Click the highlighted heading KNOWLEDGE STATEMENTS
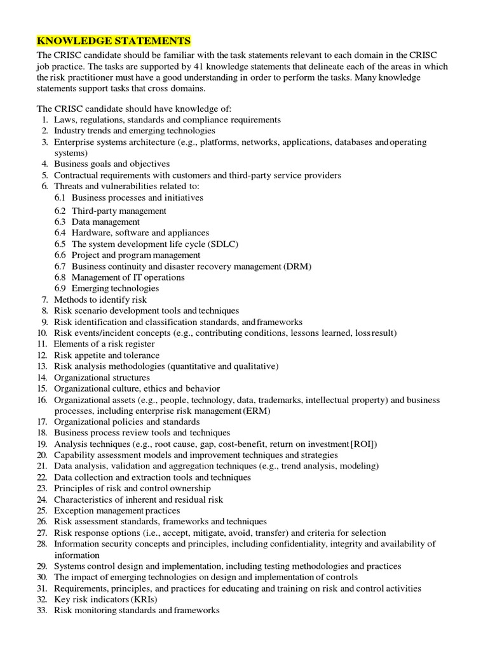click(x=114, y=41)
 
